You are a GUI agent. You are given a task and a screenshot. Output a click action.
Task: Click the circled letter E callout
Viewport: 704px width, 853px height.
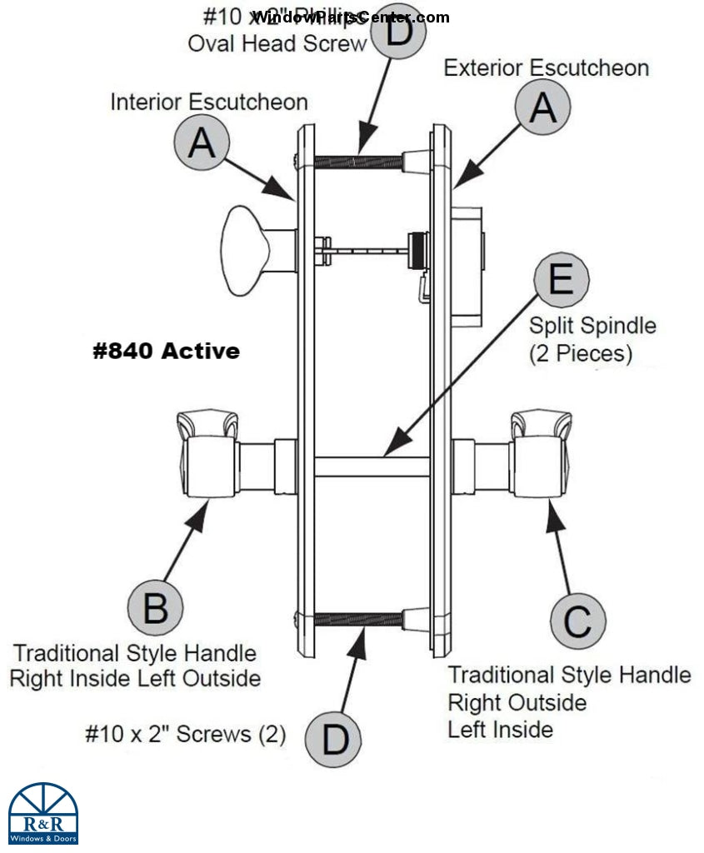click(562, 279)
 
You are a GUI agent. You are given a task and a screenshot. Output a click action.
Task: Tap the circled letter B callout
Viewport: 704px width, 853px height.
click(156, 608)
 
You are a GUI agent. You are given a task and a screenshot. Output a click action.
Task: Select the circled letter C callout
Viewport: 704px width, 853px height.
click(577, 621)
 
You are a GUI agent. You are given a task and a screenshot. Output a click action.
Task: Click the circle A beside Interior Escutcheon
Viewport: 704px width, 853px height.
click(202, 142)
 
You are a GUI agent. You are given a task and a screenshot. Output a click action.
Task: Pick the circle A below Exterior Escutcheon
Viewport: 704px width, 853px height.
click(543, 108)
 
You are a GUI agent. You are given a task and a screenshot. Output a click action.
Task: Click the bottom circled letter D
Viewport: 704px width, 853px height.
click(333, 739)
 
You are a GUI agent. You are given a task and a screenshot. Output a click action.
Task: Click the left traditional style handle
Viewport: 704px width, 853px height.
click(208, 454)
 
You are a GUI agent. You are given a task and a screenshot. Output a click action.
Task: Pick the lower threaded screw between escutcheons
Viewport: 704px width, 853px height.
click(358, 619)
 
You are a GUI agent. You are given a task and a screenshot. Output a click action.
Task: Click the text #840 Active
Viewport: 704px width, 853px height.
click(166, 352)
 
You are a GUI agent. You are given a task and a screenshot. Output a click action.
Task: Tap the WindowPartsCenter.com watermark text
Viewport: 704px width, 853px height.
click(350, 17)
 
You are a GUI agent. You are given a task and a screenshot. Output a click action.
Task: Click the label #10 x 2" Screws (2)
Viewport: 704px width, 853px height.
click(185, 734)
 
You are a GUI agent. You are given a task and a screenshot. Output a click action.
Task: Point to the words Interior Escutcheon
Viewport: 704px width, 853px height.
click(209, 102)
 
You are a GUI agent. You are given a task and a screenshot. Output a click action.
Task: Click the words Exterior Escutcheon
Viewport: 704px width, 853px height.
click(546, 67)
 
